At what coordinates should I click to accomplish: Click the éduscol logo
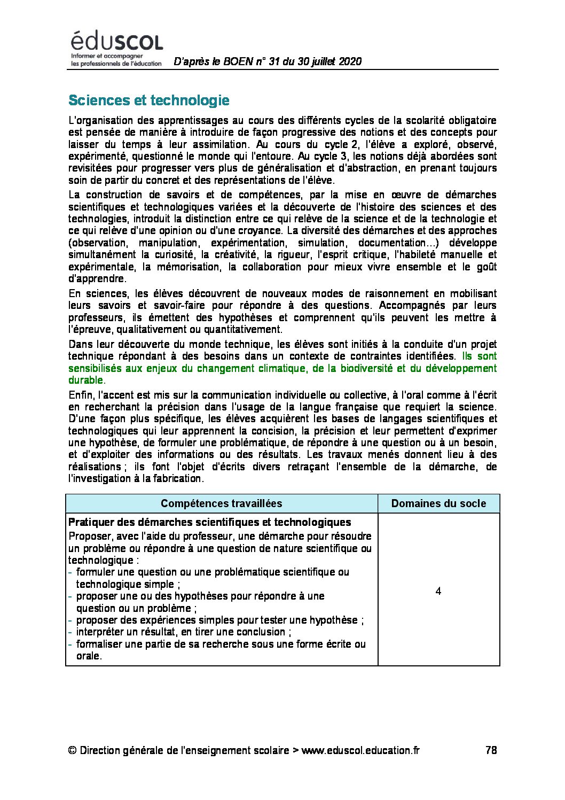click(x=116, y=47)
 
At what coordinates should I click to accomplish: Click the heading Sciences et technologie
click(x=149, y=100)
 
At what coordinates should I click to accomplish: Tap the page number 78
click(x=491, y=750)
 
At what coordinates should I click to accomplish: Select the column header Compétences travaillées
click(x=221, y=503)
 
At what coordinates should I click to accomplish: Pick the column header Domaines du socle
click(x=438, y=503)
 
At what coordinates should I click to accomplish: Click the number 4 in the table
click(x=438, y=591)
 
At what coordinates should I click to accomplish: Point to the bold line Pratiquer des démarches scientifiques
click(x=210, y=522)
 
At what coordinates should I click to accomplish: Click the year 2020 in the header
click(x=350, y=61)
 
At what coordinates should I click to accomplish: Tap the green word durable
click(x=85, y=380)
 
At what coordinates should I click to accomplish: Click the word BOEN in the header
click(x=238, y=61)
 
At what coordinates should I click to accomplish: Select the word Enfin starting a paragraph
click(x=81, y=395)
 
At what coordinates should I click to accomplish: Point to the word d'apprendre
click(x=97, y=278)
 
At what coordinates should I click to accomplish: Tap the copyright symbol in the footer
click(x=73, y=750)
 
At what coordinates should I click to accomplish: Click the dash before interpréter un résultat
click(x=70, y=632)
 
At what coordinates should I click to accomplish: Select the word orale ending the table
click(x=88, y=656)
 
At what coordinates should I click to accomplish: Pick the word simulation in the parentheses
click(x=321, y=243)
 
